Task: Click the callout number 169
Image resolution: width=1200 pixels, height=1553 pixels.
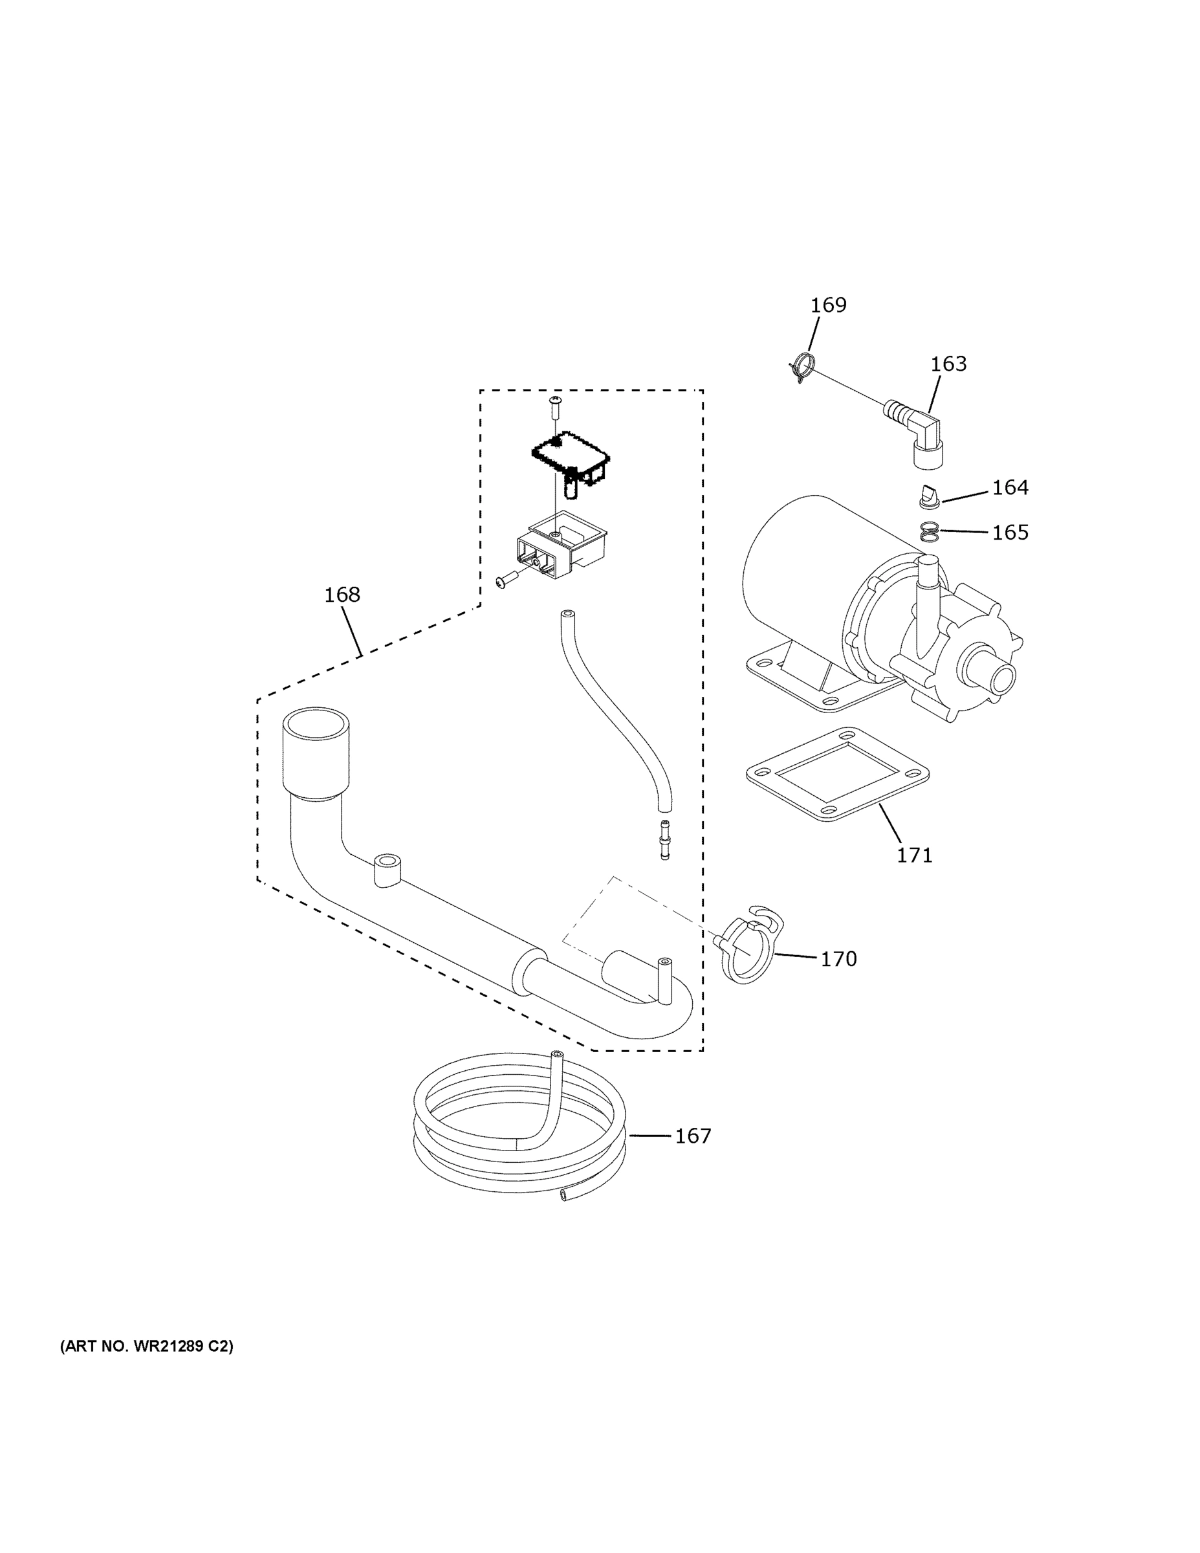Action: (828, 305)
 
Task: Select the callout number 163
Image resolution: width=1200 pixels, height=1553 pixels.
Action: (948, 364)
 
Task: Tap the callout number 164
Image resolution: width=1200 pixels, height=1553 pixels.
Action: (1010, 488)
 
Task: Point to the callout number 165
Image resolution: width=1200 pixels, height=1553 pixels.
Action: (1010, 533)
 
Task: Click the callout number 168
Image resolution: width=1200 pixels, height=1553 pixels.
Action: (342, 595)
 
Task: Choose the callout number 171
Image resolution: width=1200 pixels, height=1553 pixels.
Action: (914, 855)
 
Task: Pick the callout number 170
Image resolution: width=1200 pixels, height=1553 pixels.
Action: (839, 959)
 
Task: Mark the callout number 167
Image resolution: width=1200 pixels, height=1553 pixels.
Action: (692, 1136)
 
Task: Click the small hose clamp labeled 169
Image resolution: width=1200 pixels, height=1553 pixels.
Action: (801, 367)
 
